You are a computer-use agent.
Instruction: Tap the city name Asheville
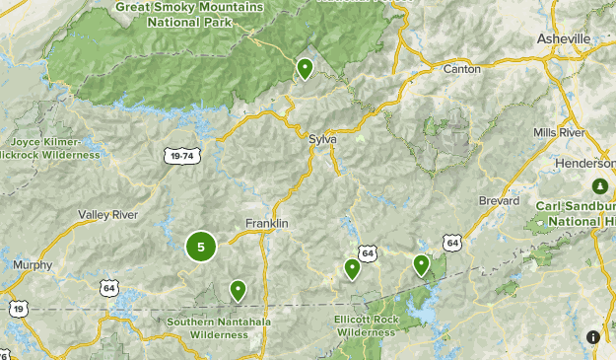point(564,38)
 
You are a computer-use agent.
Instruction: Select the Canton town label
point(462,69)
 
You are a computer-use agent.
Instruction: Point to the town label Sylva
point(322,139)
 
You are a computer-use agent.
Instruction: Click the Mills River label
point(559,132)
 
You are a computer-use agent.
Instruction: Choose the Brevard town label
point(499,200)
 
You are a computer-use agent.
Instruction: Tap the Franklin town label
point(266,224)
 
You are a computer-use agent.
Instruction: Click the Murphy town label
point(33,264)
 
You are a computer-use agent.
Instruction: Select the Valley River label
point(107,214)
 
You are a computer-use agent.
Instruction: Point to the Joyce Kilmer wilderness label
point(49,148)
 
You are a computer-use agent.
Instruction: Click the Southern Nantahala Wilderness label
point(207,327)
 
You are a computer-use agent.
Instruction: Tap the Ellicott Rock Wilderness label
point(366,326)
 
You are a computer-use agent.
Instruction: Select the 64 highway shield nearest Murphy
point(107,286)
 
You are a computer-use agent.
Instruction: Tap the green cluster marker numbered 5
point(201,247)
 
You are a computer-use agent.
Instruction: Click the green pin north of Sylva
point(306,68)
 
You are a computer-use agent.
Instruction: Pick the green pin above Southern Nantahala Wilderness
point(238,290)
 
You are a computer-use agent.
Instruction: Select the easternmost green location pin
point(422,263)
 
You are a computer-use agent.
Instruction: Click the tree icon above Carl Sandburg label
point(598,185)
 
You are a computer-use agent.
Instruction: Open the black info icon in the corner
point(593,336)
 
